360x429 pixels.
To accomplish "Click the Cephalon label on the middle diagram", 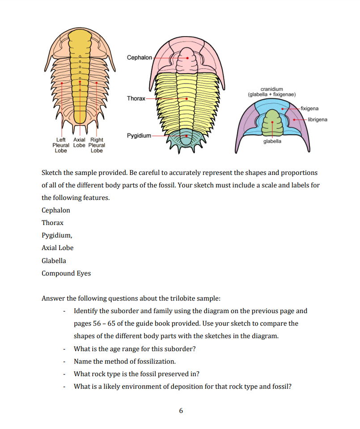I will [x=140, y=58].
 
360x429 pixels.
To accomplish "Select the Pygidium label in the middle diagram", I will [x=138, y=135].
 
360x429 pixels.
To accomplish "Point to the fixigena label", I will [x=310, y=108].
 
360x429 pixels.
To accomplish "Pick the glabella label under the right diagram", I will [x=272, y=141].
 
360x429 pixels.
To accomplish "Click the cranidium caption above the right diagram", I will [x=268, y=92].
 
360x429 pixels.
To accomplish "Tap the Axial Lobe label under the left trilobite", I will [x=79, y=145].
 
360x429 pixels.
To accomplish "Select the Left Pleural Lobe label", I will [x=61, y=145].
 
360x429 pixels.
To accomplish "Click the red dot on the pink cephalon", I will [x=188, y=58].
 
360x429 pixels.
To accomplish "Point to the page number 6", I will [x=181, y=410].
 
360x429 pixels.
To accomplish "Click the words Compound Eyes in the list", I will [x=66, y=273].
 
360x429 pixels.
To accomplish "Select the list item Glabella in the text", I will [x=54, y=260].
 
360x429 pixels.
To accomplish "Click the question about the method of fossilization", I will [x=125, y=361].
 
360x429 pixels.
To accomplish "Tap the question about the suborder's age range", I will [x=135, y=348].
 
